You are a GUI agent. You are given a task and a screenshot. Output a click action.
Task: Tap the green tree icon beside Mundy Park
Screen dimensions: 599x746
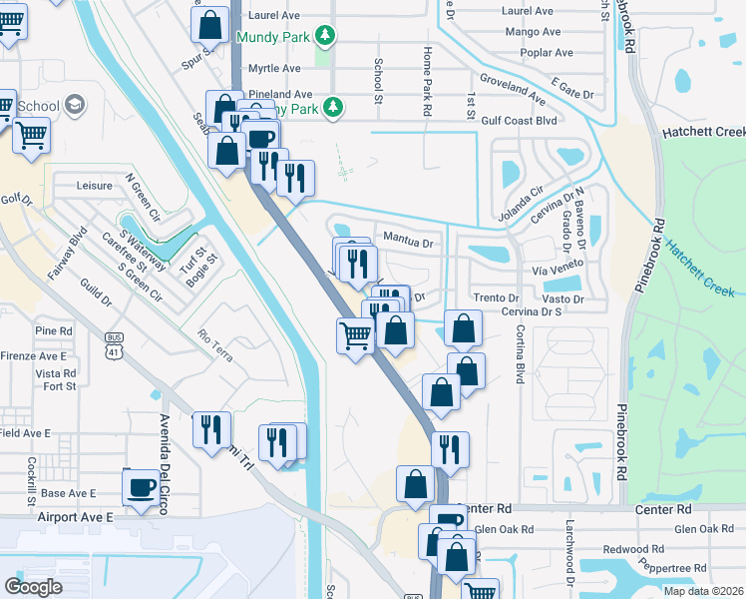[x=324, y=36]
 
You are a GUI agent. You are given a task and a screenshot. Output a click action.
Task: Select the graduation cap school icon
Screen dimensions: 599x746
[x=74, y=106]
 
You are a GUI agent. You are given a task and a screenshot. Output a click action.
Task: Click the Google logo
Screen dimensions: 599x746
[x=34, y=586]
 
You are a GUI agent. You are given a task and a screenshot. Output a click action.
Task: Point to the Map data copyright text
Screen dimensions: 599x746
[x=702, y=591]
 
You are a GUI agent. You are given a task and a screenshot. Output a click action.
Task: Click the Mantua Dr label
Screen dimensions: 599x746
[x=408, y=242]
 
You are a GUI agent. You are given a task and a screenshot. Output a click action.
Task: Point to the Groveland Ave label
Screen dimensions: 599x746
[x=512, y=87]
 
